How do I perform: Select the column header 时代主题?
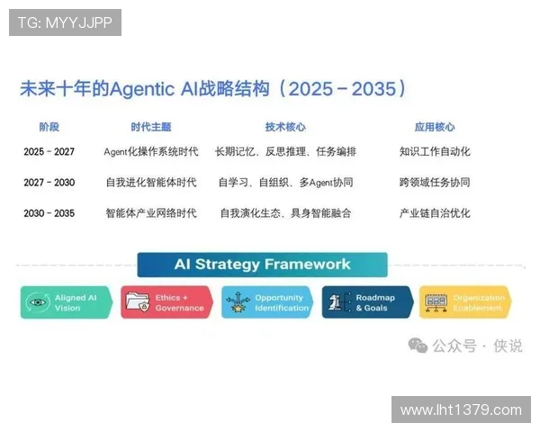(x=150, y=127)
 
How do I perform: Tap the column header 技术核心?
(x=284, y=127)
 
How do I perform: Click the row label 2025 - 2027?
(x=49, y=152)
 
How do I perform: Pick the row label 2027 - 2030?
(x=49, y=183)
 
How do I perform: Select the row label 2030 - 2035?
(x=49, y=213)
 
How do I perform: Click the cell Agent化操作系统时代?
(x=150, y=152)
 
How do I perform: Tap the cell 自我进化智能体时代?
(x=150, y=183)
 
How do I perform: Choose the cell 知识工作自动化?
(x=435, y=152)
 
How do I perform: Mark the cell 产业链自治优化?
(x=435, y=213)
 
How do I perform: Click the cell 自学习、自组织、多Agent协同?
(x=285, y=183)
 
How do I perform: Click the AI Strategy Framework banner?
(x=262, y=265)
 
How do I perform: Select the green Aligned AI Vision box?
(x=67, y=302)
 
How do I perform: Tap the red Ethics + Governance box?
(x=166, y=302)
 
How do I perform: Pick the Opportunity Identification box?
(x=267, y=302)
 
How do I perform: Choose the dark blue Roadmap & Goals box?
(x=367, y=302)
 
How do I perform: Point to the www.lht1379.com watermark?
(x=460, y=410)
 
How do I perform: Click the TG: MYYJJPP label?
(x=65, y=22)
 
